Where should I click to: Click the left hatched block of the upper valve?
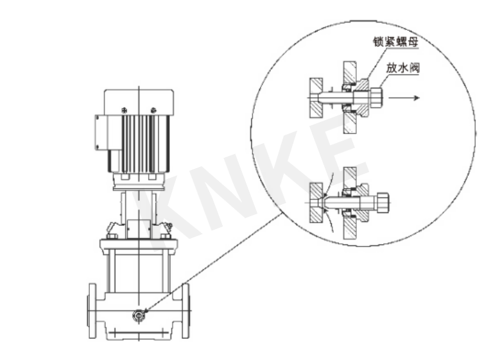pyautogui.click(x=316, y=98)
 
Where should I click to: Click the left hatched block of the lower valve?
pyautogui.click(x=316, y=203)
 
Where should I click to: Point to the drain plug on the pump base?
pyautogui.click(x=138, y=314)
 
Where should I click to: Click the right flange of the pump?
pyautogui.click(x=185, y=311)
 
